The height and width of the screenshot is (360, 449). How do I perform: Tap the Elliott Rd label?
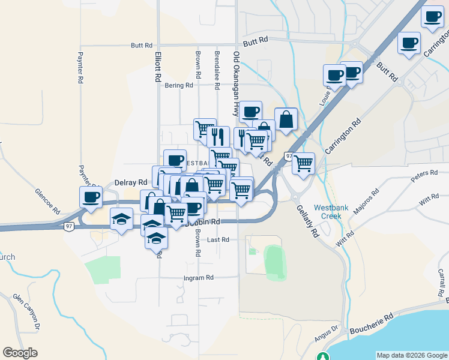tap(158, 66)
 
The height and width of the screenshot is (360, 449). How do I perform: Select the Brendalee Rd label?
tap(217, 67)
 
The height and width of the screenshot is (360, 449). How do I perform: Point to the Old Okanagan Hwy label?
tap(237, 84)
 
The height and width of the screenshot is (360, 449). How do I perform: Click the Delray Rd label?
tap(131, 182)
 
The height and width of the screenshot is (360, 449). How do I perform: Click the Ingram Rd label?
tap(199, 278)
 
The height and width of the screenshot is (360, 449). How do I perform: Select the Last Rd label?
tap(218, 239)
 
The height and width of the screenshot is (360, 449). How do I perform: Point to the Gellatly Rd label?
tap(307, 220)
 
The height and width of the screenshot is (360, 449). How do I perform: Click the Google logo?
tap(20, 352)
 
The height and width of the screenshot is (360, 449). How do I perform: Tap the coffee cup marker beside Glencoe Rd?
tap(91, 197)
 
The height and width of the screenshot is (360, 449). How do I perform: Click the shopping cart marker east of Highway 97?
tap(304, 163)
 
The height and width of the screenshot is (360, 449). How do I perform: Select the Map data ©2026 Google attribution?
tap(412, 355)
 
